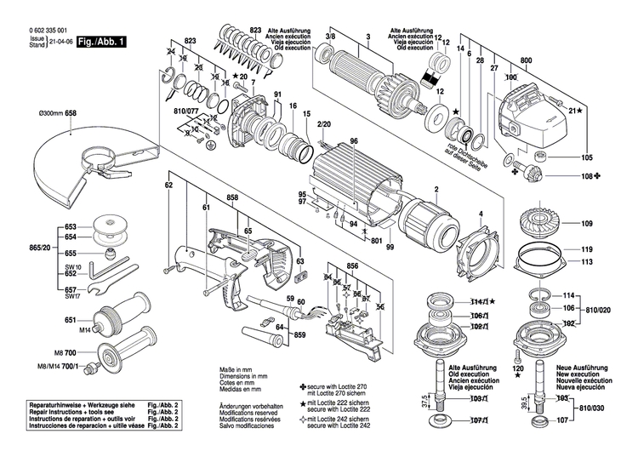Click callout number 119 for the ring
(x=587, y=250)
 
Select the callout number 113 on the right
(x=587, y=263)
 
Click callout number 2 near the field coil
(x=436, y=187)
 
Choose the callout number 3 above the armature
(x=367, y=36)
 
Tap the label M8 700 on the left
(x=65, y=352)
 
